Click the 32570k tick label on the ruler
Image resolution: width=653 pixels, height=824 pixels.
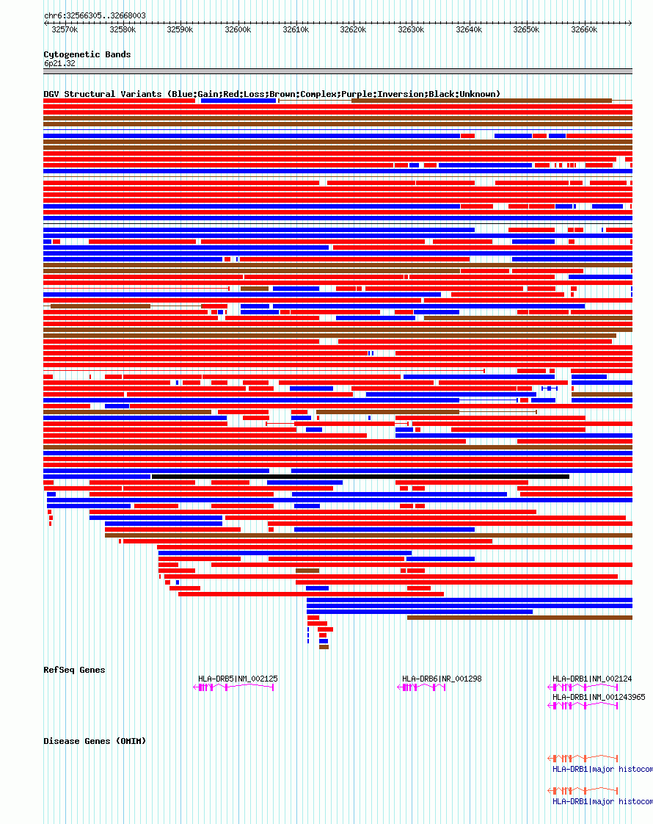[x=65, y=29]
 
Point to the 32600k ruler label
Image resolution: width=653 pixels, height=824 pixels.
[x=238, y=29]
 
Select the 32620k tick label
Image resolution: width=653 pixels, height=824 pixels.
[x=353, y=29]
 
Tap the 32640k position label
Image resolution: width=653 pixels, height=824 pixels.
[x=469, y=29]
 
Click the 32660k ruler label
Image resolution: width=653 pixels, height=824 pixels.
[x=584, y=29]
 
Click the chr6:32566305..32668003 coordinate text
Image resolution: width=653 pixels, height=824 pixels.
[x=95, y=15]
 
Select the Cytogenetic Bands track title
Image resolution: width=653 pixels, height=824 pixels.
[x=87, y=54]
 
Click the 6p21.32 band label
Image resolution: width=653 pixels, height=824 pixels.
[x=59, y=63]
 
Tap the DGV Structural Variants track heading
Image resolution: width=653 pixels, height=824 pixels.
[x=271, y=94]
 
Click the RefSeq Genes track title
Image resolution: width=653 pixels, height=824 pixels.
[x=74, y=670]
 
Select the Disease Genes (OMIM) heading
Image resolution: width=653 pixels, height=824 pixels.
[x=95, y=741]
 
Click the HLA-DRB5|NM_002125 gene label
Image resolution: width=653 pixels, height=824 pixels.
[x=238, y=679]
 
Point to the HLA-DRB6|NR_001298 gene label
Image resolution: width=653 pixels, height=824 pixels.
[x=442, y=679]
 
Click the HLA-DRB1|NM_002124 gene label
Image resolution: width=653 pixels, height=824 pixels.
[x=592, y=679]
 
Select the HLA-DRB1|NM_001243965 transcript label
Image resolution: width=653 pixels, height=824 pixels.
[x=599, y=697]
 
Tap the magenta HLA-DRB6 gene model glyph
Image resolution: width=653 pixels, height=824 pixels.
[x=422, y=687]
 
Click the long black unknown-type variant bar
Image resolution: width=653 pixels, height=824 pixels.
[x=360, y=477]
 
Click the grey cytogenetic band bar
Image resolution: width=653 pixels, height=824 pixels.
[x=338, y=71]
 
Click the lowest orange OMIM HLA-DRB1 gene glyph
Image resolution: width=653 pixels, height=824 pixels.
[x=583, y=791]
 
